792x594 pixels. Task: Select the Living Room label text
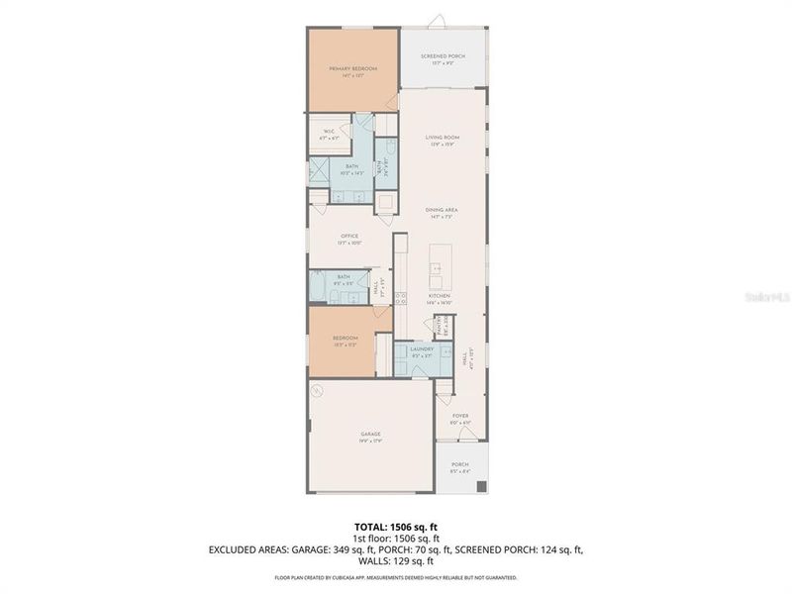coord(443,138)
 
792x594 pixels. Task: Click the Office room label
coord(349,236)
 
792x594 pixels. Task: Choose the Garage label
coord(370,434)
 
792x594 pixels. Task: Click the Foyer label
coord(460,416)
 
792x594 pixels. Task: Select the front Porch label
coord(460,464)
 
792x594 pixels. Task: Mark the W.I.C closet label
coord(328,131)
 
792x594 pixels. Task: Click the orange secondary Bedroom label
coord(344,338)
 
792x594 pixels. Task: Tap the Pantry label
coord(439,327)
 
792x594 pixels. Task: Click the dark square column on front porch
coord(482,486)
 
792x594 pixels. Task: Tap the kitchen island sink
coord(435,268)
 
